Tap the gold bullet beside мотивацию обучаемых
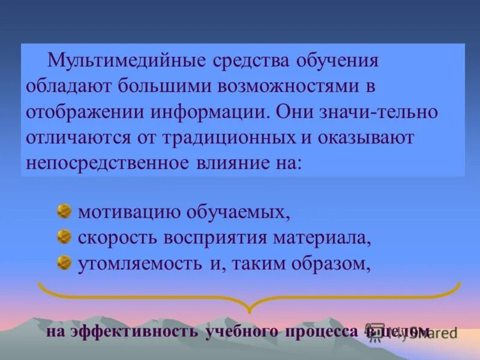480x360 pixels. coord(64,211)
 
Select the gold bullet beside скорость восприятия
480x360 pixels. coord(64,237)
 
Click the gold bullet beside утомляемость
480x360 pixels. coord(64,263)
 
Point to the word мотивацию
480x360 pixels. coord(125,212)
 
